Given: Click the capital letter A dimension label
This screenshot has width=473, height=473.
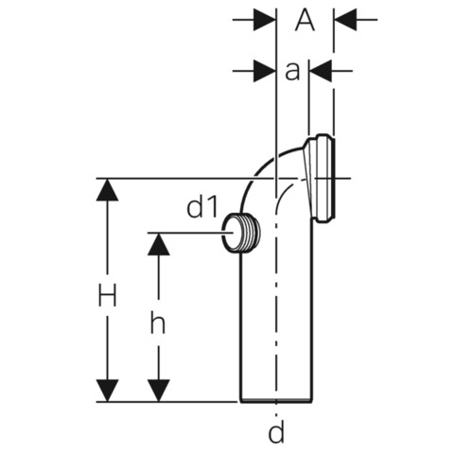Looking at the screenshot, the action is tap(305, 20).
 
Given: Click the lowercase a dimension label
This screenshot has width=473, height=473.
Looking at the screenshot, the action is tap(292, 71).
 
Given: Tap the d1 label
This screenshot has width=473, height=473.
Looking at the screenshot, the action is tap(202, 207).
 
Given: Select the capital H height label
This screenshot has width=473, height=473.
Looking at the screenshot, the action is tap(107, 295).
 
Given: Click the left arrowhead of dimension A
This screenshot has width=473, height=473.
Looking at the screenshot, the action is tap(264, 20).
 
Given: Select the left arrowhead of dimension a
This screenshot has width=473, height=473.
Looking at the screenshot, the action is tap(264, 71).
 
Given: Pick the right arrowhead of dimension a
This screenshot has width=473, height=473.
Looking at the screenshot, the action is tap(321, 71).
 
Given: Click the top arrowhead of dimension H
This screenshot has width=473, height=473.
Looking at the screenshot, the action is tap(107, 190).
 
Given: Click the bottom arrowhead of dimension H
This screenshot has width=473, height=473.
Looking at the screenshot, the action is tap(107, 391).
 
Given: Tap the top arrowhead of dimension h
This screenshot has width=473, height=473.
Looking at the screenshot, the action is tap(158, 244).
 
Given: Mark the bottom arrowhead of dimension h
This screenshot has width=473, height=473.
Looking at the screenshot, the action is tap(158, 391).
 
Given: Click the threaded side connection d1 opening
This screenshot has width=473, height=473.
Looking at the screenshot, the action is tap(231, 233).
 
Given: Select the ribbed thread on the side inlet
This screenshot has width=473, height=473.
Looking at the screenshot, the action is tap(251, 233).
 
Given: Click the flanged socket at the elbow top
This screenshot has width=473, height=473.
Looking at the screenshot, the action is tap(319, 178).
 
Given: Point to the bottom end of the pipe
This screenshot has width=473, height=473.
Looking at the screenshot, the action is tap(276, 401).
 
